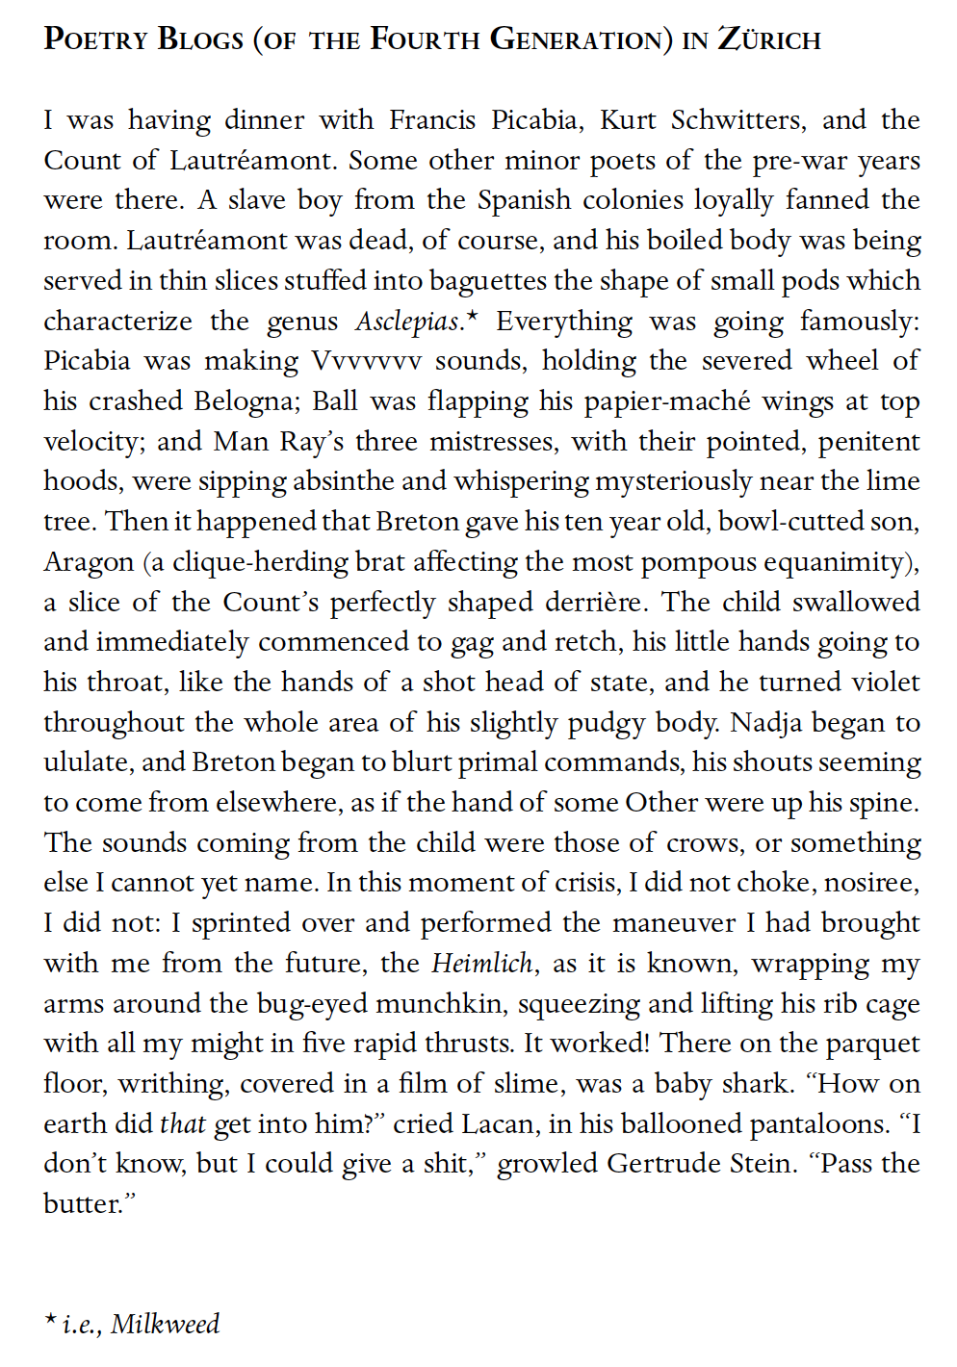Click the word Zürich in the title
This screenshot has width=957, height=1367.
769,39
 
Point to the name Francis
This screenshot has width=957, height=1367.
432,120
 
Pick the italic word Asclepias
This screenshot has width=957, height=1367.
408,322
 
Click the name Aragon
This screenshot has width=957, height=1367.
89,562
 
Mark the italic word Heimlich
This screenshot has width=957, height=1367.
481,964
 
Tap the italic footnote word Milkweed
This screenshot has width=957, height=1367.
165,1325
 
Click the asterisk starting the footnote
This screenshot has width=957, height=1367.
50,1320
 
